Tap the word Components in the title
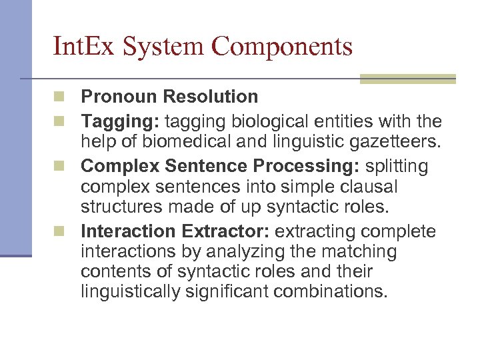click(x=283, y=47)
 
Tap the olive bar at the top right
click(x=408, y=79)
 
